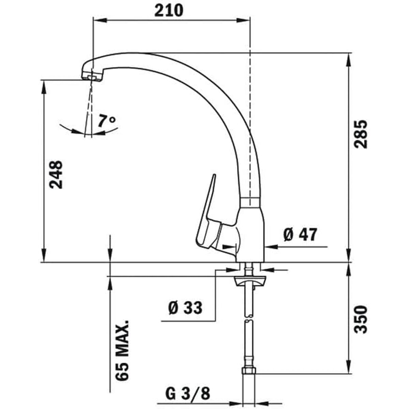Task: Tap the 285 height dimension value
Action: (x=361, y=134)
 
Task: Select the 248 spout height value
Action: (x=56, y=175)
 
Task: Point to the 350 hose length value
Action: (x=361, y=319)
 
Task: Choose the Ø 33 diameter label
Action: (x=185, y=308)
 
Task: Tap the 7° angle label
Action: (x=107, y=121)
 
